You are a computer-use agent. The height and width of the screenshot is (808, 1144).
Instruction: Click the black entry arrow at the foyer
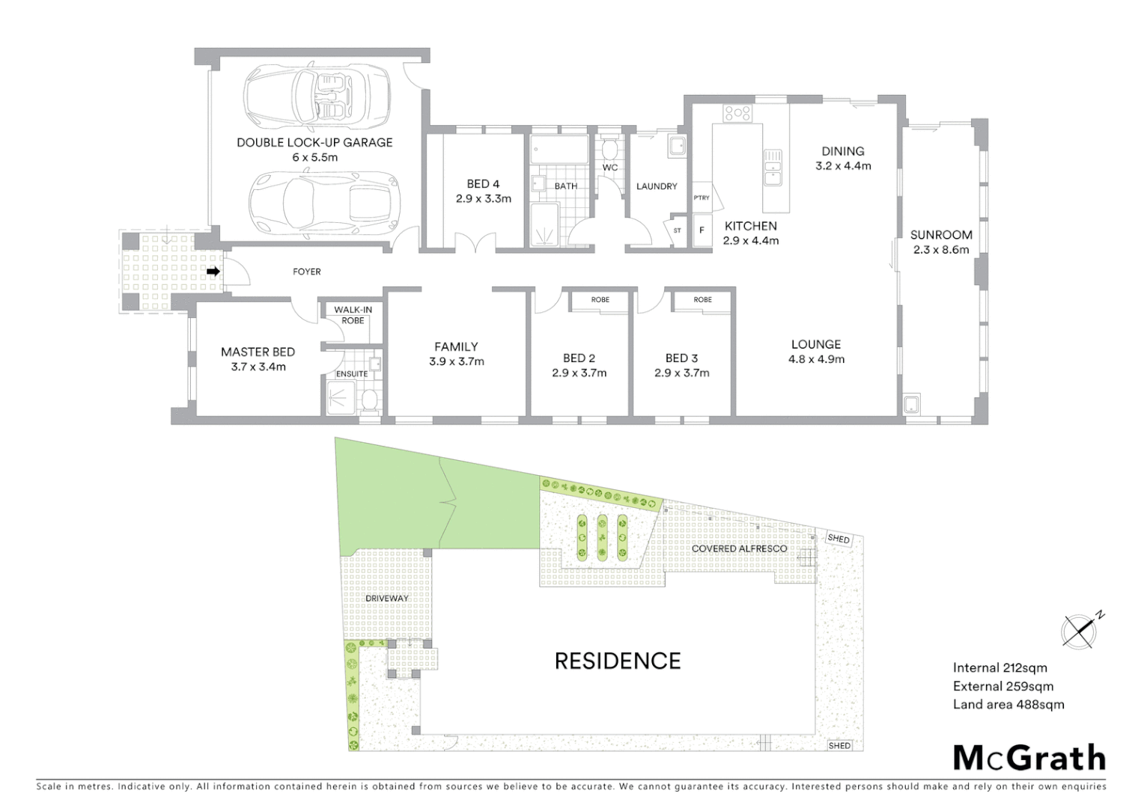(x=213, y=272)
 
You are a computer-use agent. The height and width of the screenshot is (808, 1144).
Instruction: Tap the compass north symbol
(x=1079, y=630)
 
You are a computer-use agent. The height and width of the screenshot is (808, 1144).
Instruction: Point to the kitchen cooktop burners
(x=737, y=114)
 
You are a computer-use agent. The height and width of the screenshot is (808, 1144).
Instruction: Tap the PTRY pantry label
(x=702, y=198)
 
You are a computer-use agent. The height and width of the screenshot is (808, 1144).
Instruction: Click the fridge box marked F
(x=702, y=230)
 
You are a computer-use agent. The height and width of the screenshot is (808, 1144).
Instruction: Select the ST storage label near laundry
(x=678, y=230)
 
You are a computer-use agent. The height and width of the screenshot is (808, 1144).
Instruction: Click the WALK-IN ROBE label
(x=353, y=315)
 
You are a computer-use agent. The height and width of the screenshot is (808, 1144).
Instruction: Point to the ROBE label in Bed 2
(x=600, y=300)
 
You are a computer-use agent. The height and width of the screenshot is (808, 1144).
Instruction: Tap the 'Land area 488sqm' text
(x=1008, y=704)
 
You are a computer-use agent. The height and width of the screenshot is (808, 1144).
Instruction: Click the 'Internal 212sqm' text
(x=1000, y=668)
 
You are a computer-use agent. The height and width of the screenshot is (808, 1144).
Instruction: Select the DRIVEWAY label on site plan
(x=387, y=599)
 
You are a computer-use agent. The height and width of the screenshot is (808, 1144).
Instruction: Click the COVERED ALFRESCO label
(x=739, y=548)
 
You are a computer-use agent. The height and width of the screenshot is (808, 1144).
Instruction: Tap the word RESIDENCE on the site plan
(x=618, y=661)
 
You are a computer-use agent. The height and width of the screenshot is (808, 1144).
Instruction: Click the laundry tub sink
(x=677, y=147)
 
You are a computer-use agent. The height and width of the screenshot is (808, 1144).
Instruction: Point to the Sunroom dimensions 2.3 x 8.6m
(x=941, y=250)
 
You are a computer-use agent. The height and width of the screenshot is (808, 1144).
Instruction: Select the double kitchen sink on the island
(x=773, y=167)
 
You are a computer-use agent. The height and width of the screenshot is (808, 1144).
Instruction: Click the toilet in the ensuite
(x=368, y=402)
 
